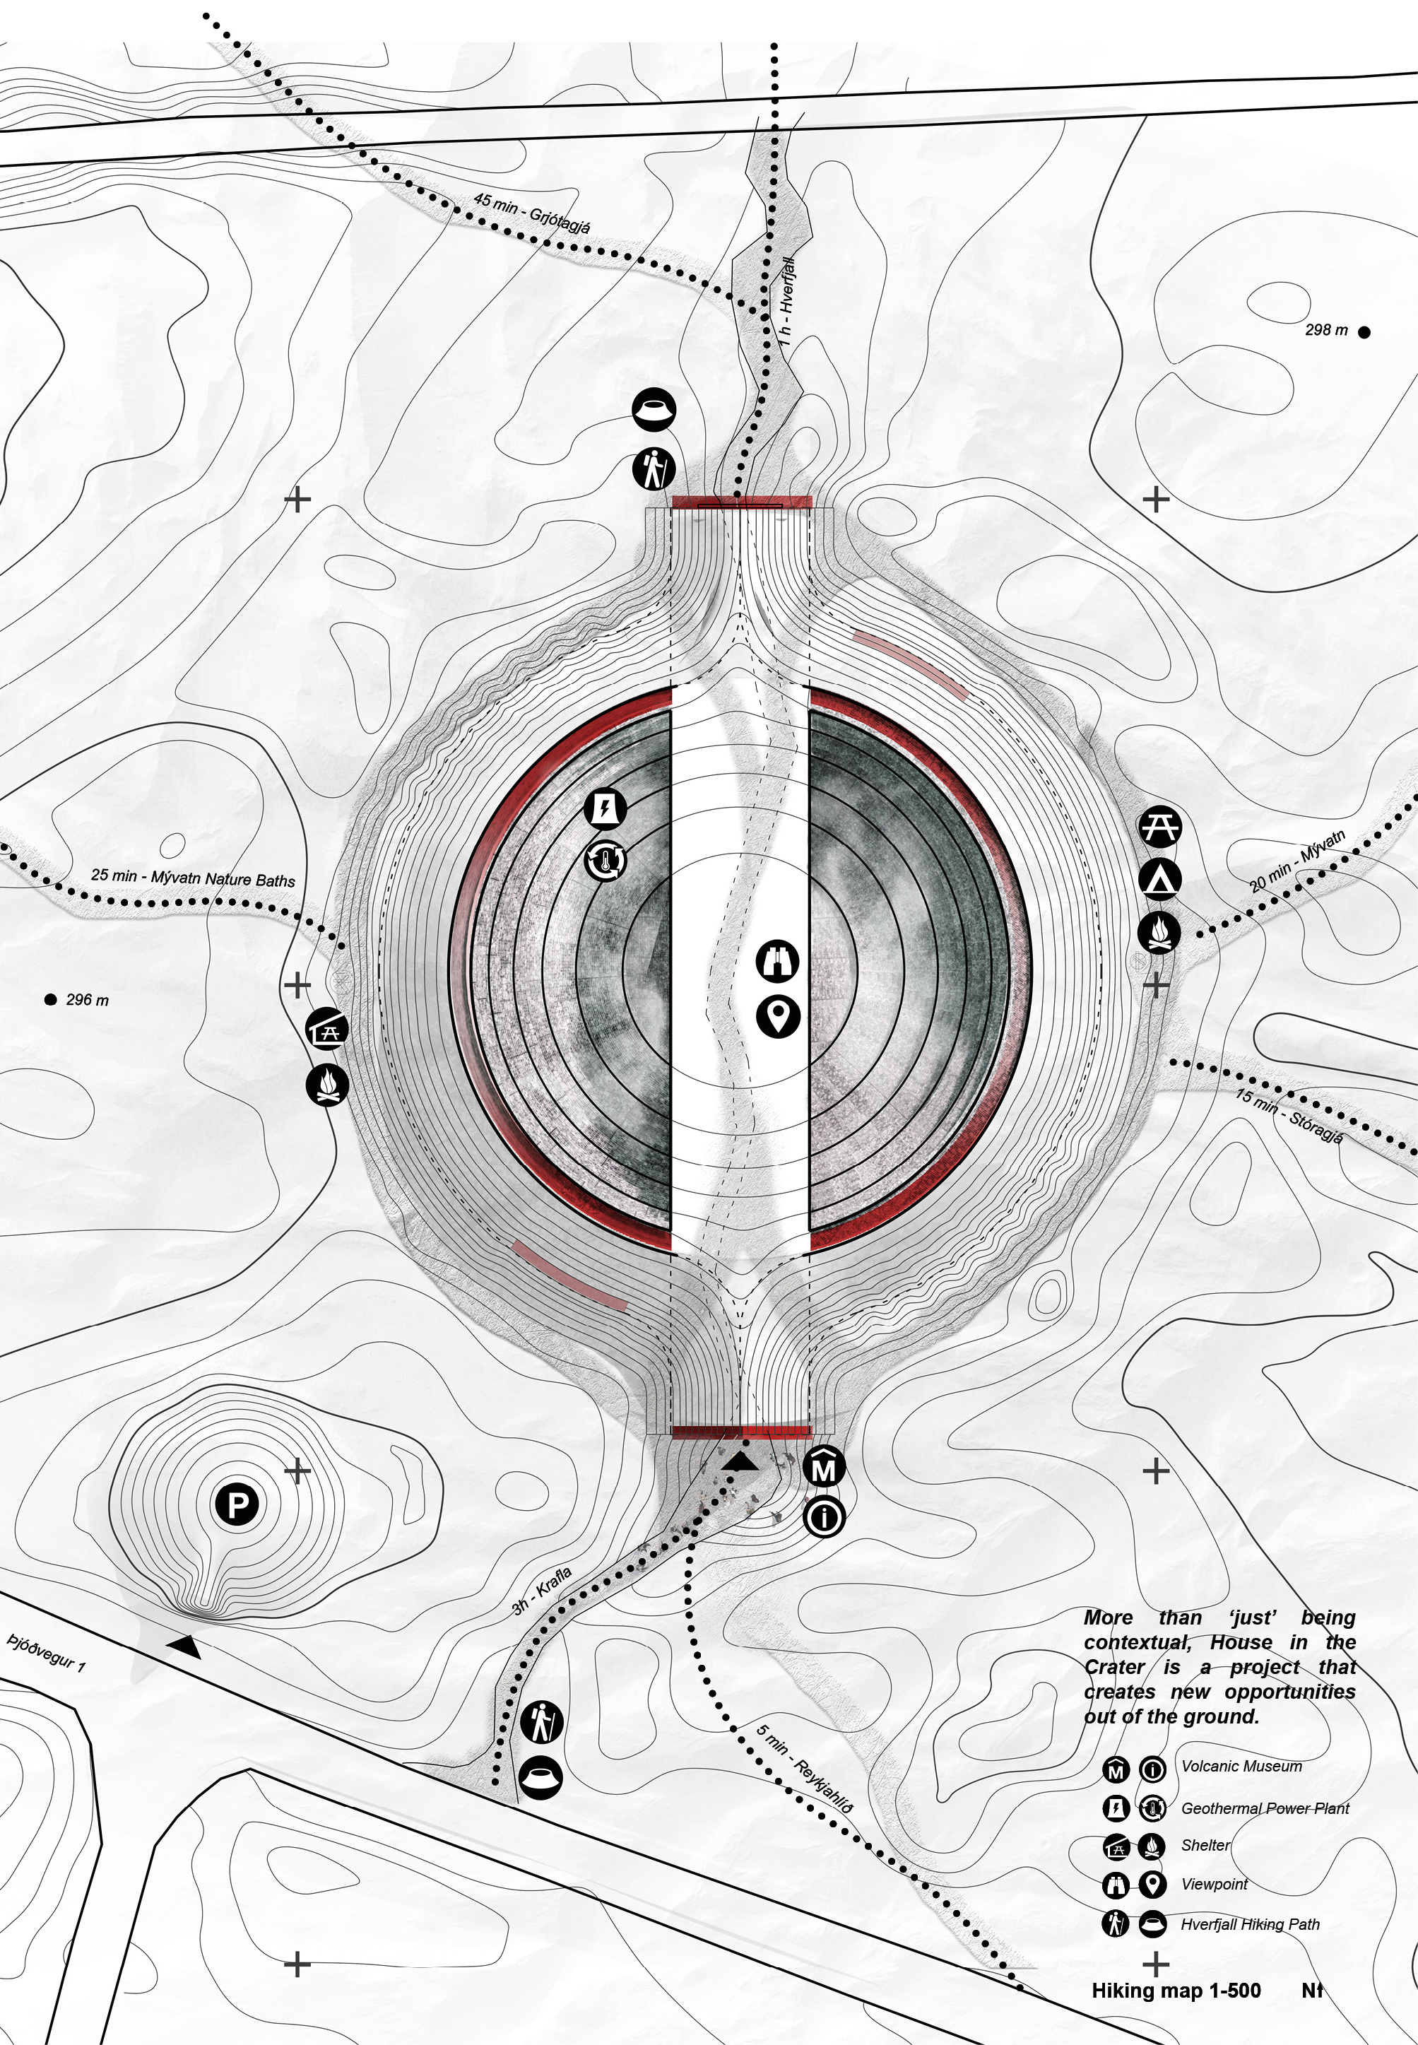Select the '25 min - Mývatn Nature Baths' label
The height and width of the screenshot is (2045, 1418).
coord(193,877)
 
